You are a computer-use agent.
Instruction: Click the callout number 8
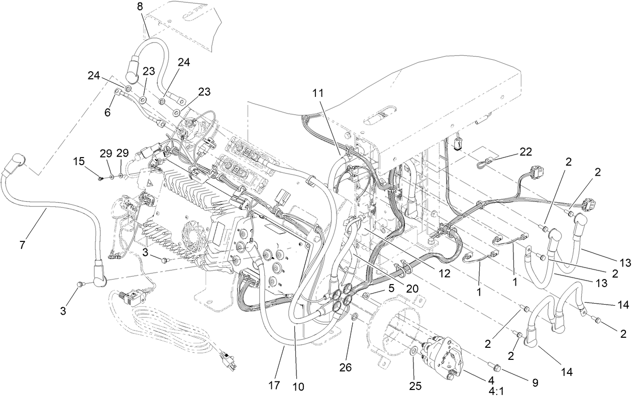(140, 7)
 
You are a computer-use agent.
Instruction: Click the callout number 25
(415, 387)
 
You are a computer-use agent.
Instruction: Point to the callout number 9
(535, 382)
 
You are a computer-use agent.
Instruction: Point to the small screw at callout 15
(101, 177)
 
